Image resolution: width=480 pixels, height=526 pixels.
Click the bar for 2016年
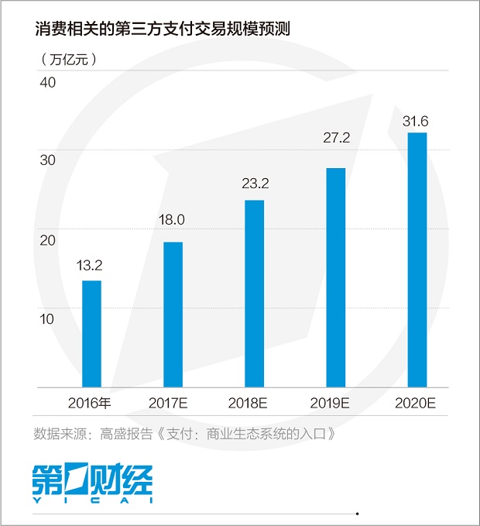click(91, 333)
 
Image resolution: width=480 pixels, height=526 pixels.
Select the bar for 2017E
click(173, 314)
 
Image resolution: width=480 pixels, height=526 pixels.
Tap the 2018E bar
click(254, 293)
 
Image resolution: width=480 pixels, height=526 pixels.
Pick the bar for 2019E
click(335, 277)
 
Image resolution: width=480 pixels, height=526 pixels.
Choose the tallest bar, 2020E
click(417, 260)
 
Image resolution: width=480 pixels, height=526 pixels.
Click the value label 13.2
click(90, 266)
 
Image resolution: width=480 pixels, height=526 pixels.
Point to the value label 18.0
click(172, 220)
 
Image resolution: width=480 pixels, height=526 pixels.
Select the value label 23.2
click(253, 184)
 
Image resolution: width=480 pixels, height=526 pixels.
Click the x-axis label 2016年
click(90, 403)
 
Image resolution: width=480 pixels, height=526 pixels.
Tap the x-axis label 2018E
click(253, 403)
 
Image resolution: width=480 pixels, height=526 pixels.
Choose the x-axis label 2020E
click(416, 403)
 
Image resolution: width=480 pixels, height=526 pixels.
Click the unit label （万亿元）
click(67, 58)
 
